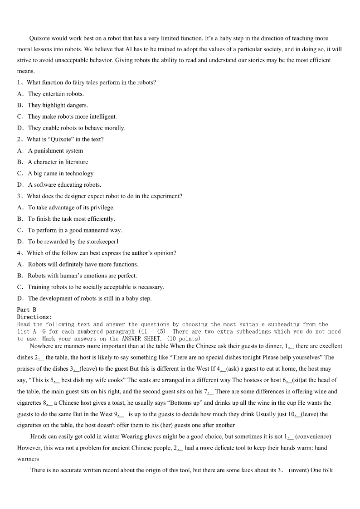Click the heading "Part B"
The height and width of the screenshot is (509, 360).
click(27, 310)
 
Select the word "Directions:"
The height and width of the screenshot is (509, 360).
click(34, 317)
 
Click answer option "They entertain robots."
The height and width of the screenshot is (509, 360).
click(55, 94)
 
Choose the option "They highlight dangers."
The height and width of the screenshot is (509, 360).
click(58, 105)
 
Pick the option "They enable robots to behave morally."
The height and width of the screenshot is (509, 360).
click(76, 128)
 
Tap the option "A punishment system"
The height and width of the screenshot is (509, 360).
click(55, 150)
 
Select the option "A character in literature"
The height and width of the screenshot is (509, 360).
click(58, 162)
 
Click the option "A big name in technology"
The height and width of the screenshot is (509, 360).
click(60, 173)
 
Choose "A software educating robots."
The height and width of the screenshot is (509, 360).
click(64, 184)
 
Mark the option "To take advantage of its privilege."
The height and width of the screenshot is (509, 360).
click(71, 207)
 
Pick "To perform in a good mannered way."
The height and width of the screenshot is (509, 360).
click(75, 230)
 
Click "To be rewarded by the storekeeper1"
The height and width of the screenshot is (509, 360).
click(73, 242)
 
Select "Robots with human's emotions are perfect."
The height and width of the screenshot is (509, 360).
click(82, 276)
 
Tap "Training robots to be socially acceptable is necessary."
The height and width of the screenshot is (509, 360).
click(96, 287)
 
